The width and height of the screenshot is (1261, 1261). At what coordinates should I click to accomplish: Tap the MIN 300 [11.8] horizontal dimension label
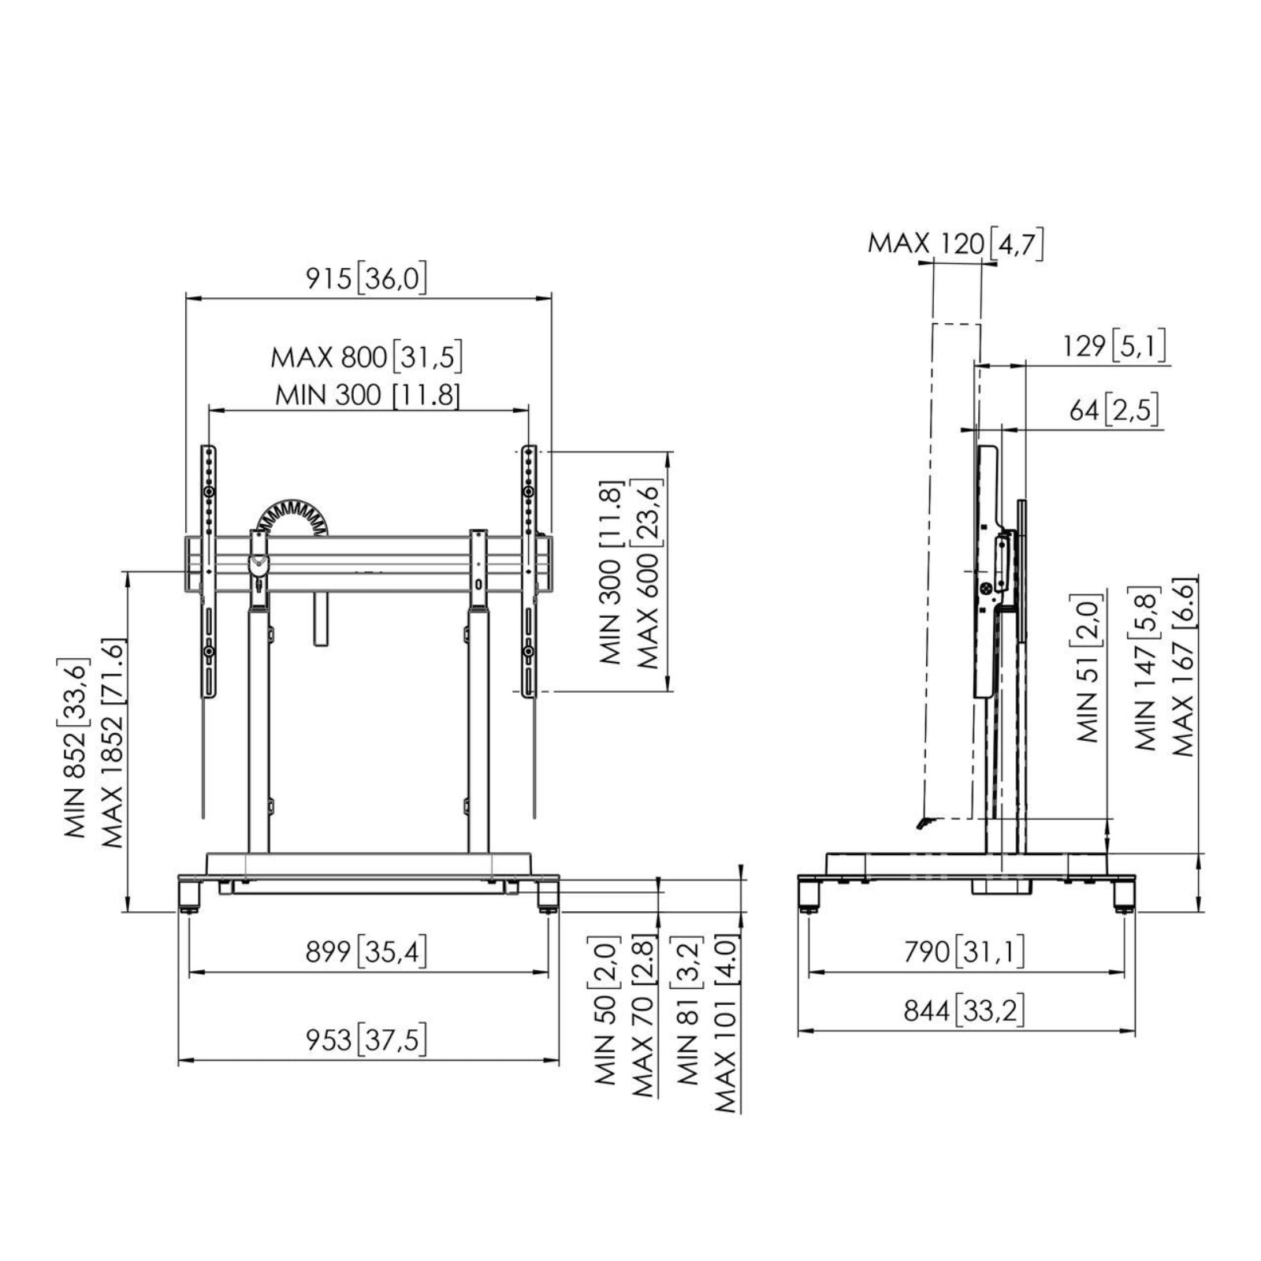click(x=367, y=394)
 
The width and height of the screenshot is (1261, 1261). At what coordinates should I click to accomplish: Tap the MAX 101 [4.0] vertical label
click(x=725, y=1024)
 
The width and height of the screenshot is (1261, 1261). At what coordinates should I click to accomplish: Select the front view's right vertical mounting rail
click(x=528, y=571)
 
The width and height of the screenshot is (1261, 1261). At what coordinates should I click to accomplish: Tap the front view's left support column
click(x=259, y=729)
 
